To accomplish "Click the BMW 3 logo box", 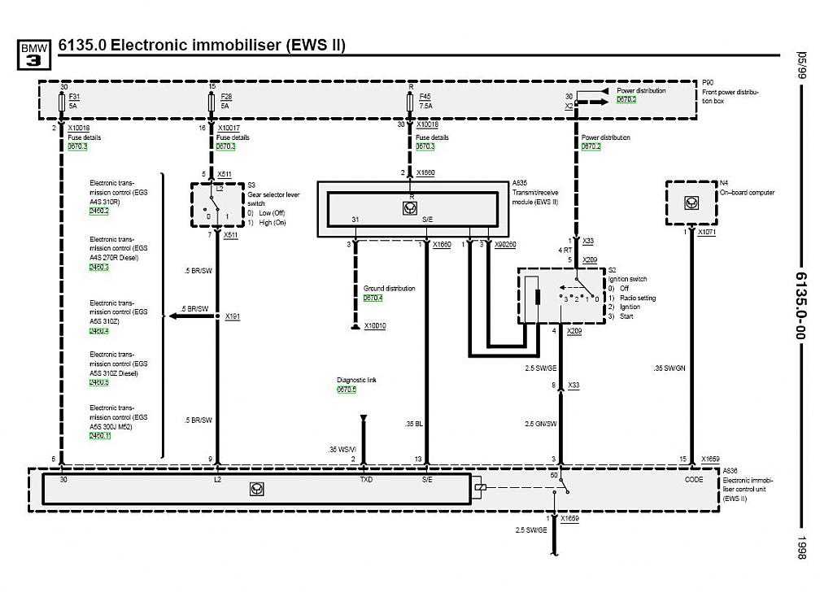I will (34, 54).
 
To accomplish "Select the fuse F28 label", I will (225, 97).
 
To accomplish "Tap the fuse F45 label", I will (425, 97).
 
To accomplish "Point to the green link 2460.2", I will (99, 211).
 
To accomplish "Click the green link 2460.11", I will (100, 436).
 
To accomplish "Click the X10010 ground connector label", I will (375, 325).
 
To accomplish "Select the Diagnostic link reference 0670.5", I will (347, 390).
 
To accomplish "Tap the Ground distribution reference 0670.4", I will (373, 298).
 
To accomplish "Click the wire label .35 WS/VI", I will (342, 448).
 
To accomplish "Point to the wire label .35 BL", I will (414, 423).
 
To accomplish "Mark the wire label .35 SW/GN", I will (669, 368).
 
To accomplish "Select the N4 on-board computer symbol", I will (691, 203).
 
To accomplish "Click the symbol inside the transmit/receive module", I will (409, 208).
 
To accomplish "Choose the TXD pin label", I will (366, 480).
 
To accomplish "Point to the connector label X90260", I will (504, 244).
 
